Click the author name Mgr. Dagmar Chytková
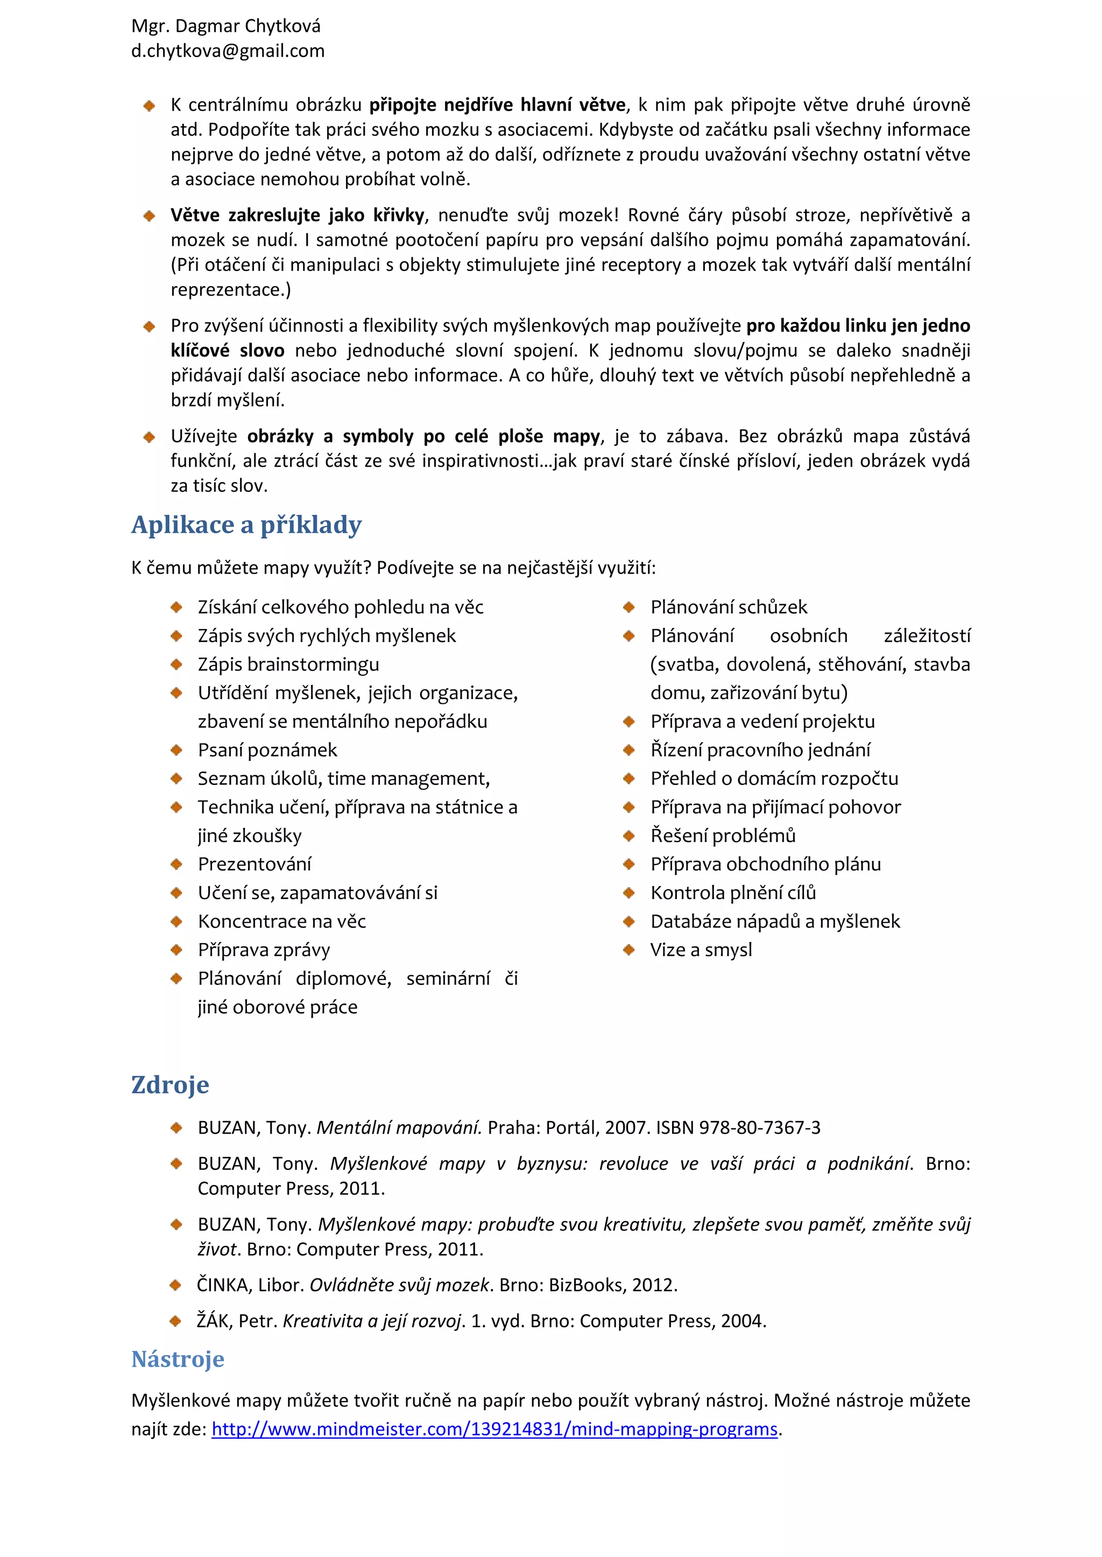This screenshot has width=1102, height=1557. [225, 26]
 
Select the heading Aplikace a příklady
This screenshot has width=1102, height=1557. [246, 525]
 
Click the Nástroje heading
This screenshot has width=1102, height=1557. [178, 1359]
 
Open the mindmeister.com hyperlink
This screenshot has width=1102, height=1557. [494, 1429]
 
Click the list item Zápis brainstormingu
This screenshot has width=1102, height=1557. [288, 665]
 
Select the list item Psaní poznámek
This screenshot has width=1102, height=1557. [267, 750]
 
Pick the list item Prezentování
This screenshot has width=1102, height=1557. [255, 864]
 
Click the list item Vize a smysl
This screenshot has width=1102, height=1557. [701, 949]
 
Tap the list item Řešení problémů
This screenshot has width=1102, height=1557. [723, 835]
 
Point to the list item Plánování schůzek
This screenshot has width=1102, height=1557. [729, 607]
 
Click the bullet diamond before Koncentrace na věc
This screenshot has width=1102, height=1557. [176, 922]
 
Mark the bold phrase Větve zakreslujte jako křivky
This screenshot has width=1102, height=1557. [297, 216]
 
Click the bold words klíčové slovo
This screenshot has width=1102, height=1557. [227, 351]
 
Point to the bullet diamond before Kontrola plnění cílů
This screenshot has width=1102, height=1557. [629, 893]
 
